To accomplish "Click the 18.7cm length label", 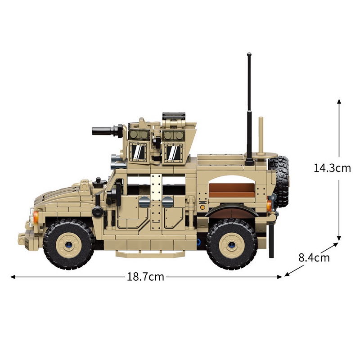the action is pyautogui.click(x=145, y=277).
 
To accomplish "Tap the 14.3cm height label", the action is pyautogui.click(x=332, y=168).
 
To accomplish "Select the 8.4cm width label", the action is pyautogui.click(x=314, y=257).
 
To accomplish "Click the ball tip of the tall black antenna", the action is pyautogui.click(x=249, y=55).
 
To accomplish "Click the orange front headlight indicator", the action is pyautogui.click(x=36, y=217).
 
